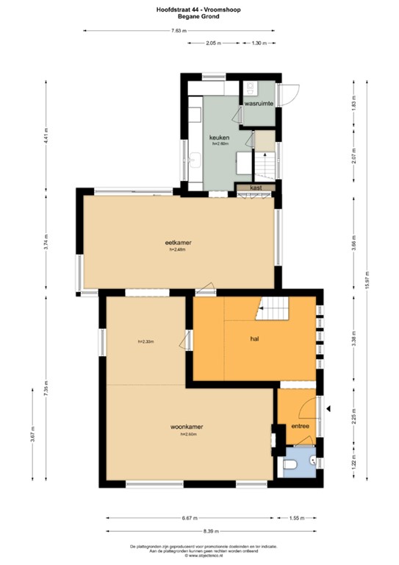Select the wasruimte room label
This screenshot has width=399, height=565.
(259, 104)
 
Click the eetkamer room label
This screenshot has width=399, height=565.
(173, 243)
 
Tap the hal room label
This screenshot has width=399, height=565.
(254, 340)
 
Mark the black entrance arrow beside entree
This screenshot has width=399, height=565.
(330, 409)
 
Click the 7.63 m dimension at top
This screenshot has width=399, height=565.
(179, 31)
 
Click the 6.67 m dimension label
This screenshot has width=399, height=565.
(187, 517)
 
